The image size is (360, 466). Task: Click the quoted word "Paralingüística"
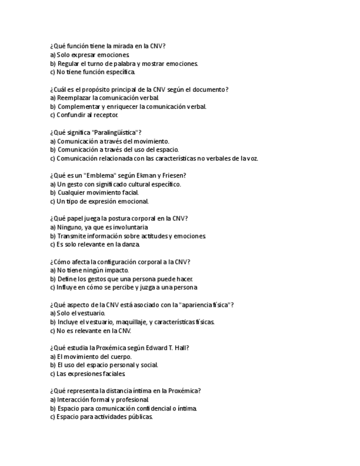[116, 132]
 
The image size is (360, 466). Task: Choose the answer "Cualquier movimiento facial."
[94, 192]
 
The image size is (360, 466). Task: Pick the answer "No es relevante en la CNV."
[90, 330]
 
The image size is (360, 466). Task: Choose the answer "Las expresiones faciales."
[87, 373]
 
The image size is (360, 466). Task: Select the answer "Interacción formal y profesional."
[99, 400]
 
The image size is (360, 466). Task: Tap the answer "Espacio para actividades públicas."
[101, 417]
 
